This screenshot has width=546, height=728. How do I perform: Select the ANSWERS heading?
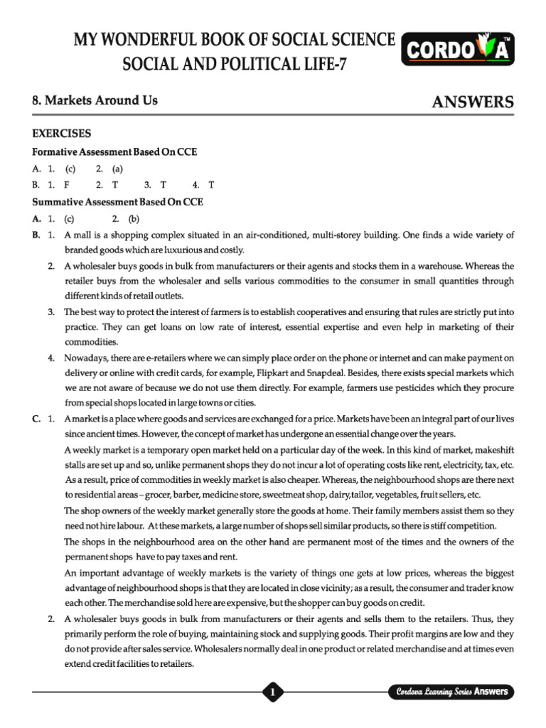click(x=473, y=102)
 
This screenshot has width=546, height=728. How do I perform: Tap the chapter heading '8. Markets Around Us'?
click(x=95, y=101)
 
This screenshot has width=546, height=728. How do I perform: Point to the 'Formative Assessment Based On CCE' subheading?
click(x=115, y=152)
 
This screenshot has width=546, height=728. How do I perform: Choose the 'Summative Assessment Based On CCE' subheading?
click(x=118, y=202)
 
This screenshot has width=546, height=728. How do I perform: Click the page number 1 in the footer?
click(x=273, y=692)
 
